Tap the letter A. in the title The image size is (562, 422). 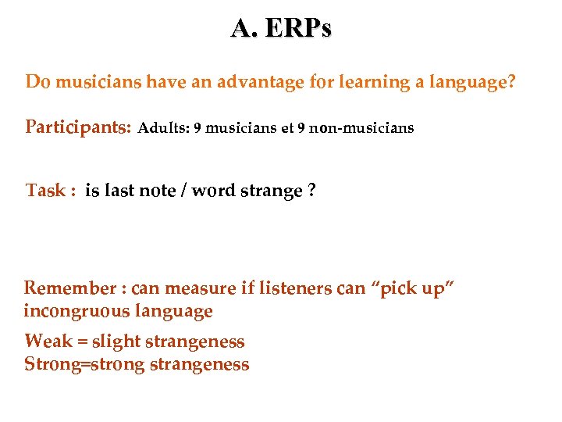243,28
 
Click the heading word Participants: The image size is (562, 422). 78,127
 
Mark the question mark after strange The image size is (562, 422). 311,191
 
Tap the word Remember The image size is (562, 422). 69,289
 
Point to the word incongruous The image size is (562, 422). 77,312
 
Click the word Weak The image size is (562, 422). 48,342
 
